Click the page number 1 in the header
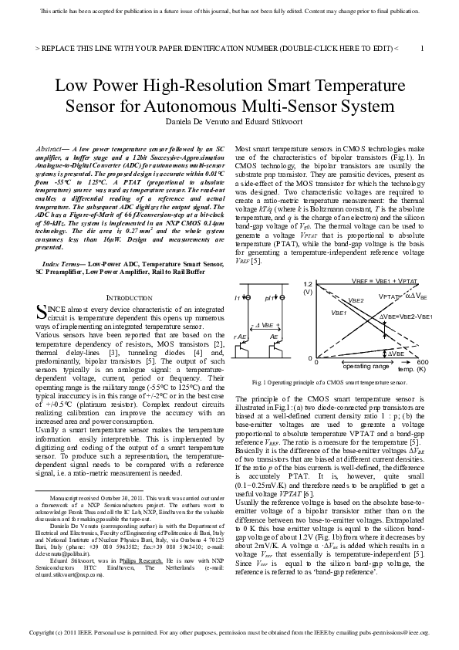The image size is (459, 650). click(x=422, y=48)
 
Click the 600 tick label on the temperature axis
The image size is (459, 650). click(x=422, y=361)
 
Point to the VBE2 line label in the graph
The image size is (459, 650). click(x=356, y=301)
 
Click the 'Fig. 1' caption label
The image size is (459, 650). click(x=258, y=382)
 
